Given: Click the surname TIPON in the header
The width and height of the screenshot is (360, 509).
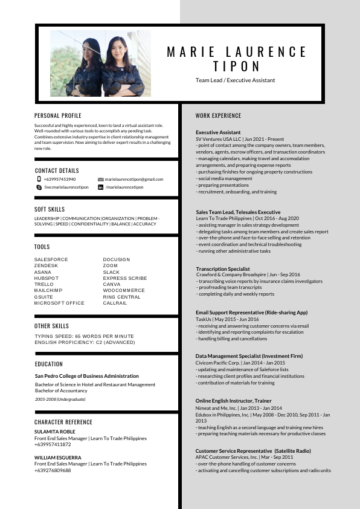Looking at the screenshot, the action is [x=237, y=66].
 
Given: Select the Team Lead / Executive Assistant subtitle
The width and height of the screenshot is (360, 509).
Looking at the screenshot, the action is [x=235, y=80].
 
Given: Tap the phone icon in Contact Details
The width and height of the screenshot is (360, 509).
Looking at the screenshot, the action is [x=39, y=179].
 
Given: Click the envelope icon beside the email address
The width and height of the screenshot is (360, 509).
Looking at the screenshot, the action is [x=100, y=180].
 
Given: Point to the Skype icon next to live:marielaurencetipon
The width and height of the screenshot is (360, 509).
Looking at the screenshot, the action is [x=39, y=187].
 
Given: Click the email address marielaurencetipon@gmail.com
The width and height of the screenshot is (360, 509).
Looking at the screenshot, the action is [x=134, y=180].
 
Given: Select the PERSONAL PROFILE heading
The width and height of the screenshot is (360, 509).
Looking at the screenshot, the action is [x=58, y=115].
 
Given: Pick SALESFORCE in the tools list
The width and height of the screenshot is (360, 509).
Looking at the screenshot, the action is [x=51, y=259].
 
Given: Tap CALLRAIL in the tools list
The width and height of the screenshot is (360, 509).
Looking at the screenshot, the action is [x=115, y=303].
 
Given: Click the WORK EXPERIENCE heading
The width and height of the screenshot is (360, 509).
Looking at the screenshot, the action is [x=218, y=115].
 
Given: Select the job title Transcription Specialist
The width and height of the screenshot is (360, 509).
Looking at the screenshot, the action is [x=223, y=268].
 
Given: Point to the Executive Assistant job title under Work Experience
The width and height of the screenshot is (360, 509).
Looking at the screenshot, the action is [x=218, y=132].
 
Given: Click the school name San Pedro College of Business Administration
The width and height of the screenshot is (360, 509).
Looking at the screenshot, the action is [x=86, y=376].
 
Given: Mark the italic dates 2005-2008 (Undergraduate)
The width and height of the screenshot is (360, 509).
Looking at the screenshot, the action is [x=60, y=400].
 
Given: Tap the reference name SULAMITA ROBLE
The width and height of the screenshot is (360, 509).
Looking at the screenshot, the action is [x=55, y=432].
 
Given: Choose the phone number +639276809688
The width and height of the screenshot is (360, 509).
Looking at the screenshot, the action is [x=53, y=470].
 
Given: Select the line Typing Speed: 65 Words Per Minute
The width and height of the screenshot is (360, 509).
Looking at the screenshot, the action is [x=84, y=336].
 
